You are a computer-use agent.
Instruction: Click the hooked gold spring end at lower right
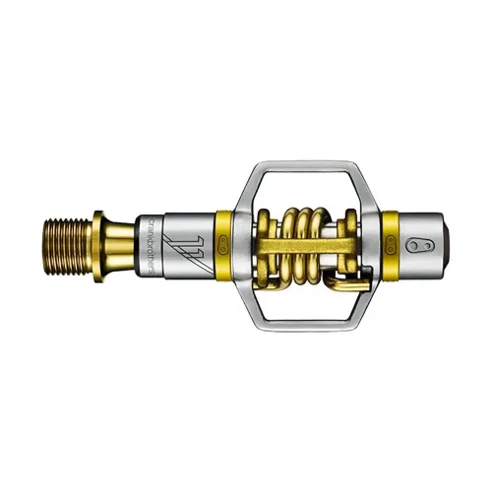339,283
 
